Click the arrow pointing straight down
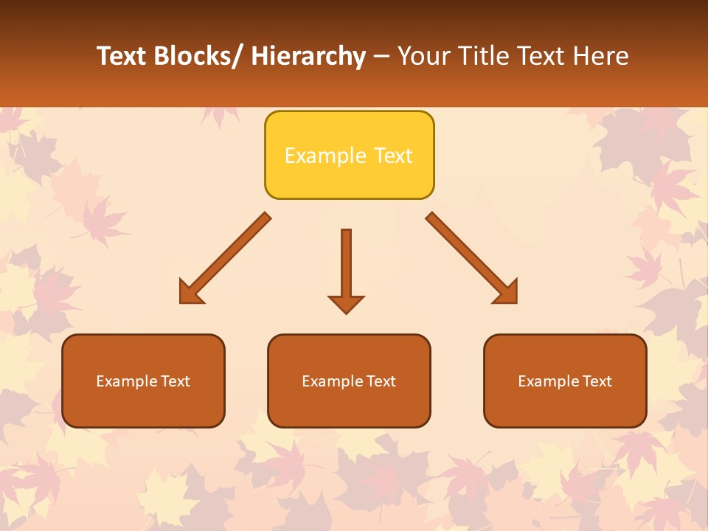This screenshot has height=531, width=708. [346, 269]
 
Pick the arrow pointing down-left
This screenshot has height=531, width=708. [225, 258]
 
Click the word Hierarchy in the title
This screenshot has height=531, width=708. [308, 57]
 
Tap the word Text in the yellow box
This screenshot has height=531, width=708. [393, 156]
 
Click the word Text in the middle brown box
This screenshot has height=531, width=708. [381, 381]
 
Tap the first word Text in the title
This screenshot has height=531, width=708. [121, 56]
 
